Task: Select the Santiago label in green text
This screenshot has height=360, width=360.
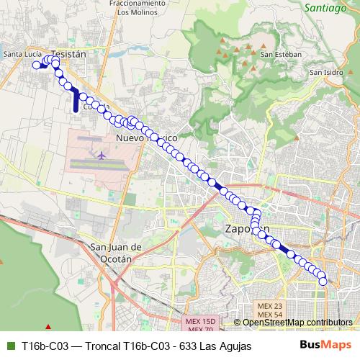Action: pos(325,8)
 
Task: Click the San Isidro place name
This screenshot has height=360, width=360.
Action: pos(326,72)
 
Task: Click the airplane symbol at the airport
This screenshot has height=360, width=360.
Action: pos(101,154)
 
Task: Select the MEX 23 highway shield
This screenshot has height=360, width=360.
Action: pos(269,306)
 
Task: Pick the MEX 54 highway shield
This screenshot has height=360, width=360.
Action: pos(269,315)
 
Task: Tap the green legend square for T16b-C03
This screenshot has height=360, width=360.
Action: pos(9,346)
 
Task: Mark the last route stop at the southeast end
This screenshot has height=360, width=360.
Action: pos(323,282)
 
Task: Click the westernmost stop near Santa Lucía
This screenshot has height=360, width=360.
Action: pos(36,65)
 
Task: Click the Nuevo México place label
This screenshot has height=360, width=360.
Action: pos(146,137)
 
